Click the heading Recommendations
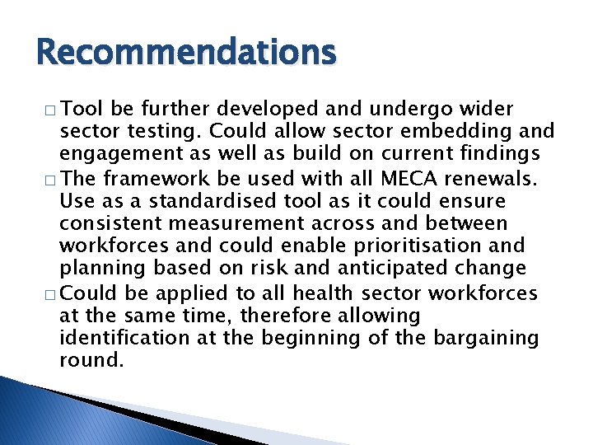187,53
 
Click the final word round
91,360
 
